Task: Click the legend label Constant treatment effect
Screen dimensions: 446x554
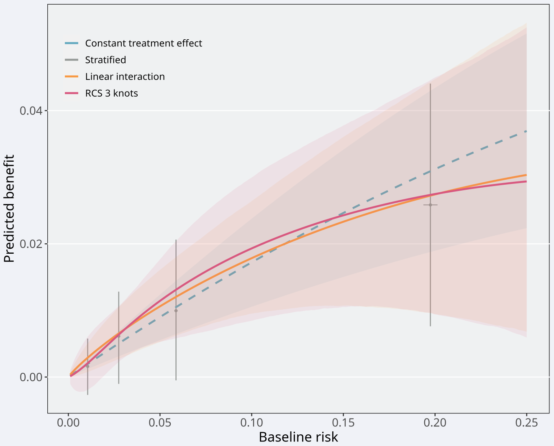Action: pyautogui.click(x=144, y=43)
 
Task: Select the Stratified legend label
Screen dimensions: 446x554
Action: pyautogui.click(x=105, y=60)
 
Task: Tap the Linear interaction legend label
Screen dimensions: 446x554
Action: pyautogui.click(x=125, y=77)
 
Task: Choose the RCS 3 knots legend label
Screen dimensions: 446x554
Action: pyautogui.click(x=111, y=93)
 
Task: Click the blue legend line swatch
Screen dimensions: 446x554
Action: pyautogui.click(x=72, y=43)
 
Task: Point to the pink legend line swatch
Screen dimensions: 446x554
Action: pyautogui.click(x=72, y=93)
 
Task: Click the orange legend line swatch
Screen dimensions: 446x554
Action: pyautogui.click(x=72, y=77)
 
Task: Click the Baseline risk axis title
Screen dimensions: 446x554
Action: pyautogui.click(x=298, y=437)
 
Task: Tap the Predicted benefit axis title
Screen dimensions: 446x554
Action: pyautogui.click(x=9, y=209)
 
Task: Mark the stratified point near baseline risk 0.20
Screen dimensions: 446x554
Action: pyautogui.click(x=430, y=205)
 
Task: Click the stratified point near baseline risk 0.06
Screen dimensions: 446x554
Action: pyautogui.click(x=176, y=311)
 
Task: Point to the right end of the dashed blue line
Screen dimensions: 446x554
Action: pyautogui.click(x=526, y=131)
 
